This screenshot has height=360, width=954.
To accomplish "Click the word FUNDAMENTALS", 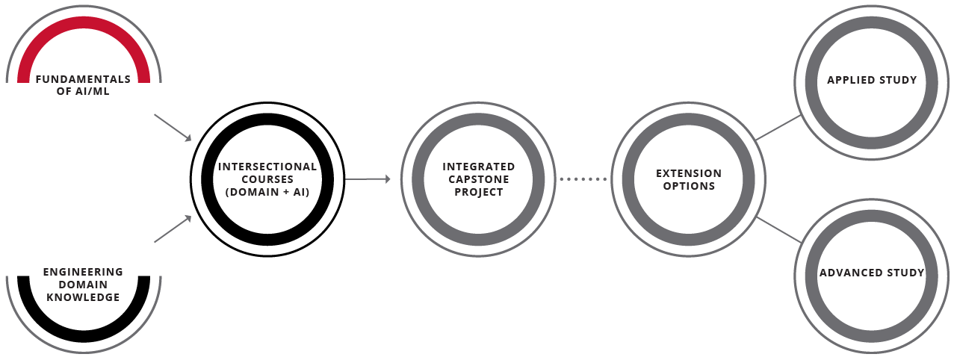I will [83, 79].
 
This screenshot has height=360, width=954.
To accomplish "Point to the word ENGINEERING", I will [83, 272].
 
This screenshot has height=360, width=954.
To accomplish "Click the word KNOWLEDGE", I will [83, 297].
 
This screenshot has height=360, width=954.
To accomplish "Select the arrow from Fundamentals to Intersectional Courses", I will [173, 128].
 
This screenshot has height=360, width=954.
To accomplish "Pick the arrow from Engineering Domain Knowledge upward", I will [173, 229].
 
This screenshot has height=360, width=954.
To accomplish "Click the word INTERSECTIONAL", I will [267, 167].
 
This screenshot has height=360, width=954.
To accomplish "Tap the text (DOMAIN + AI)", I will [267, 192].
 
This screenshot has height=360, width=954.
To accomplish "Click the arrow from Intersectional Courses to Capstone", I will [367, 179].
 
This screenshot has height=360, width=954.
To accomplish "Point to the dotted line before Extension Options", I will [583, 179].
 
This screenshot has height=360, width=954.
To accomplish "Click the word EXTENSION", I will [689, 173].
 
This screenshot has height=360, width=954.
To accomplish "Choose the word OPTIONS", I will [689, 186].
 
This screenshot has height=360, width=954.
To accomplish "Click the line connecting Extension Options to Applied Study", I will [778, 128].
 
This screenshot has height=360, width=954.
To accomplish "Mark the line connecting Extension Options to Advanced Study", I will [778, 230].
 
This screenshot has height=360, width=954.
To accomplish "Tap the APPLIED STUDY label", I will [872, 80].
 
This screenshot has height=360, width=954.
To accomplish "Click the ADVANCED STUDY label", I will [872, 273].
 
